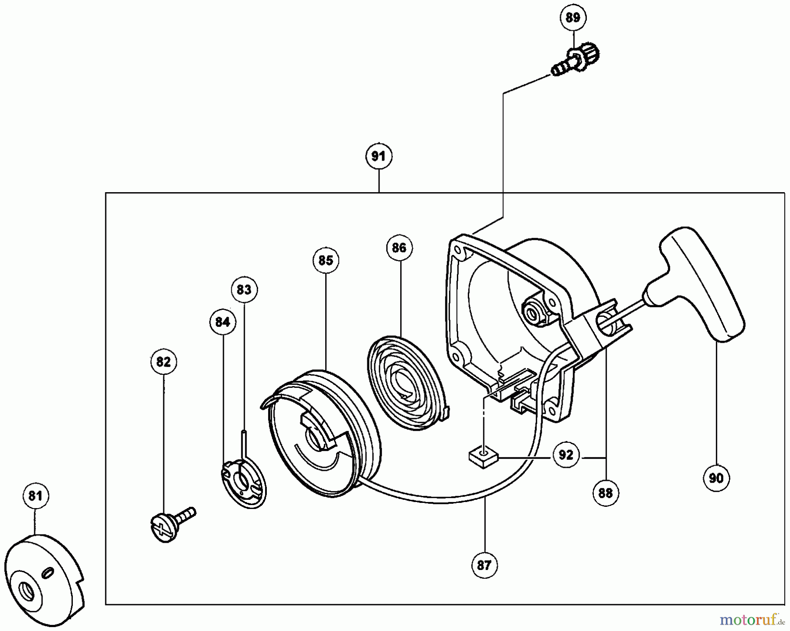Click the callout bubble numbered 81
point(35,496)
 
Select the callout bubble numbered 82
point(163,362)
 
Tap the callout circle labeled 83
point(244,290)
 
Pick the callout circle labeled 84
point(223,322)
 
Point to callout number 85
point(326,261)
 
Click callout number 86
point(399,248)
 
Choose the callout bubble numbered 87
point(484,566)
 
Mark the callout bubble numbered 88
point(605,493)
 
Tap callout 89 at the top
point(573,18)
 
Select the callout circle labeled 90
point(716,478)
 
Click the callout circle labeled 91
point(378,156)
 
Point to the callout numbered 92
point(566,455)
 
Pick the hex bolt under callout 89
point(577,61)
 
